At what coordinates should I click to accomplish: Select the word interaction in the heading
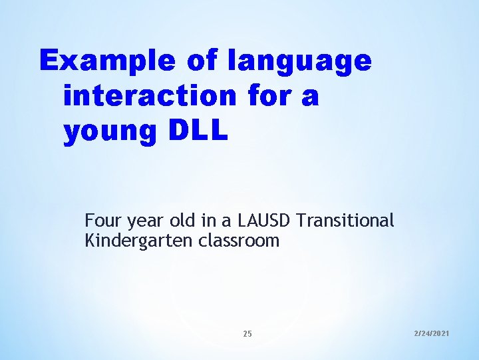click(150, 96)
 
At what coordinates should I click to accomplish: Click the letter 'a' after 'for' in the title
click(311, 97)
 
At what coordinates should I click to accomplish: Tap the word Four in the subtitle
click(101, 220)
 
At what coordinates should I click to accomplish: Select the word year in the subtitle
click(141, 221)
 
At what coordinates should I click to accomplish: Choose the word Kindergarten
click(139, 241)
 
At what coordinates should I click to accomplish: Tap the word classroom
click(239, 241)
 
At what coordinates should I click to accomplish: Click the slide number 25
click(247, 333)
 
